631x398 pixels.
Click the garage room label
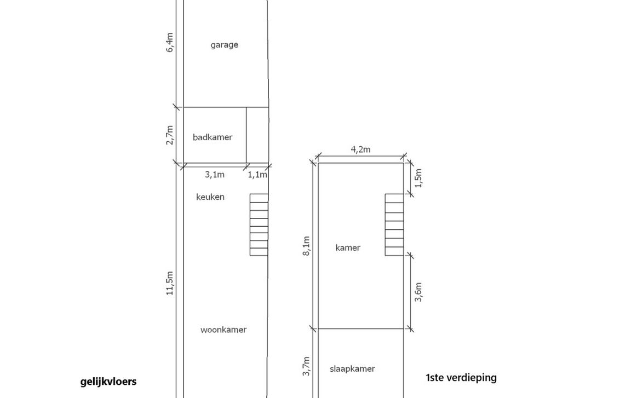click(224, 45)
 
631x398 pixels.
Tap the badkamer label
click(212, 137)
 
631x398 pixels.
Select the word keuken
click(210, 197)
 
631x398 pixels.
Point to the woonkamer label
click(223, 330)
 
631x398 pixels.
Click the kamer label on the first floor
click(348, 248)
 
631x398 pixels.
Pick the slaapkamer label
click(352, 369)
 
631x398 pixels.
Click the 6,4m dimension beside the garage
click(170, 42)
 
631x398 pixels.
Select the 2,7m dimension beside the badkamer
click(170, 135)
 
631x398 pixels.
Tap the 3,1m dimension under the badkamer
click(215, 175)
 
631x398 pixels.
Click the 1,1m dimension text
click(257, 175)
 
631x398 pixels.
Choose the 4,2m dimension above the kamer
click(360, 150)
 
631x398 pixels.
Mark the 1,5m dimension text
click(418, 178)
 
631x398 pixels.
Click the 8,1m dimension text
click(306, 246)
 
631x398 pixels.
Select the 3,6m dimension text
click(418, 292)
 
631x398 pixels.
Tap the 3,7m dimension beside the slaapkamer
click(306, 366)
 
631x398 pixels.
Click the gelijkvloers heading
click(108, 382)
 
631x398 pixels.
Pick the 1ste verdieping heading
click(461, 377)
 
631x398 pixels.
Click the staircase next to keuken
click(259, 224)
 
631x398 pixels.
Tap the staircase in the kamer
click(394, 224)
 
